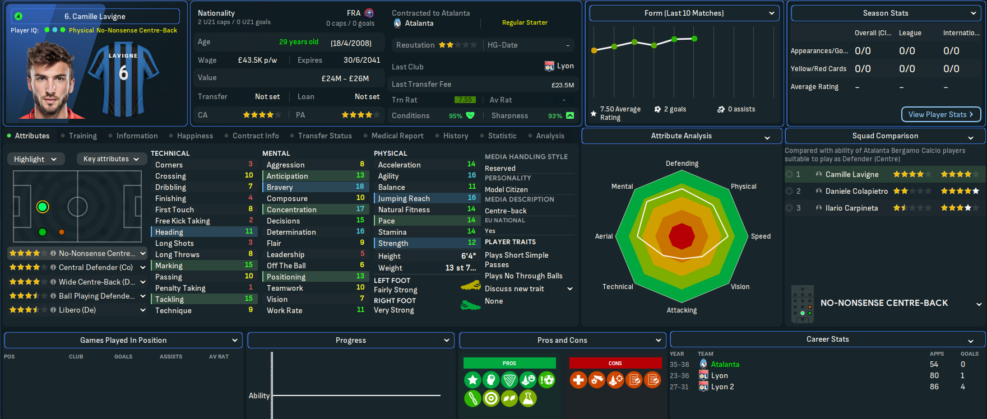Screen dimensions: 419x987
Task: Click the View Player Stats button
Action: [940, 114]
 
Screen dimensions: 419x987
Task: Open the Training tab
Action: [82, 136]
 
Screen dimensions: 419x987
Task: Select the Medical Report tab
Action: [397, 136]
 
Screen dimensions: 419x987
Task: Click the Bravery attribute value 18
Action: [360, 187]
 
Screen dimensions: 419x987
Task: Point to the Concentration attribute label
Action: [291, 209]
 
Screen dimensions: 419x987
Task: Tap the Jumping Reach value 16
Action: [471, 198]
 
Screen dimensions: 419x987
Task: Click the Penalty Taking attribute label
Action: [180, 288]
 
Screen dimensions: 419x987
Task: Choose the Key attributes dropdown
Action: [110, 159]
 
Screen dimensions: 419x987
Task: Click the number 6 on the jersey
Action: [124, 73]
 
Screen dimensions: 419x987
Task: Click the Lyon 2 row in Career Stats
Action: [722, 387]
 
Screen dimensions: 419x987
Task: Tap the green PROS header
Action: [509, 364]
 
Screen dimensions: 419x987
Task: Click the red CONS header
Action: [615, 364]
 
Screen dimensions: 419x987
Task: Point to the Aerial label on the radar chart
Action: [604, 236]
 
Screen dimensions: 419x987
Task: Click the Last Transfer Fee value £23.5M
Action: [562, 85]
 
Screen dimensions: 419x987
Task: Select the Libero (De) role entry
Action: [77, 310]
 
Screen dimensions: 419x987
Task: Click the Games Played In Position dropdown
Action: [123, 341]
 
